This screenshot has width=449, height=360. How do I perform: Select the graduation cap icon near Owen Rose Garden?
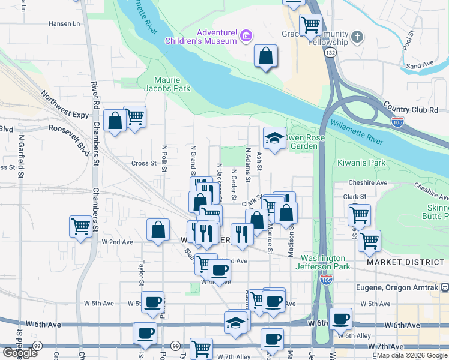[274, 138]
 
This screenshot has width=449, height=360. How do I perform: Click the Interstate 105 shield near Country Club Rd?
[400, 122]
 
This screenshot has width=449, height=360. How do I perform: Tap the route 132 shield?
[331, 53]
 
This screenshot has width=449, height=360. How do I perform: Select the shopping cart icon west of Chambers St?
[80, 227]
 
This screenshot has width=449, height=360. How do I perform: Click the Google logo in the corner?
[20, 353]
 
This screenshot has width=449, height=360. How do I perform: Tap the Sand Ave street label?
[420, 65]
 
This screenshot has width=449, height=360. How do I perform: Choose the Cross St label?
[144, 163]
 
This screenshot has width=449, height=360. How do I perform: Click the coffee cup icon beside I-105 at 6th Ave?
[341, 319]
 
